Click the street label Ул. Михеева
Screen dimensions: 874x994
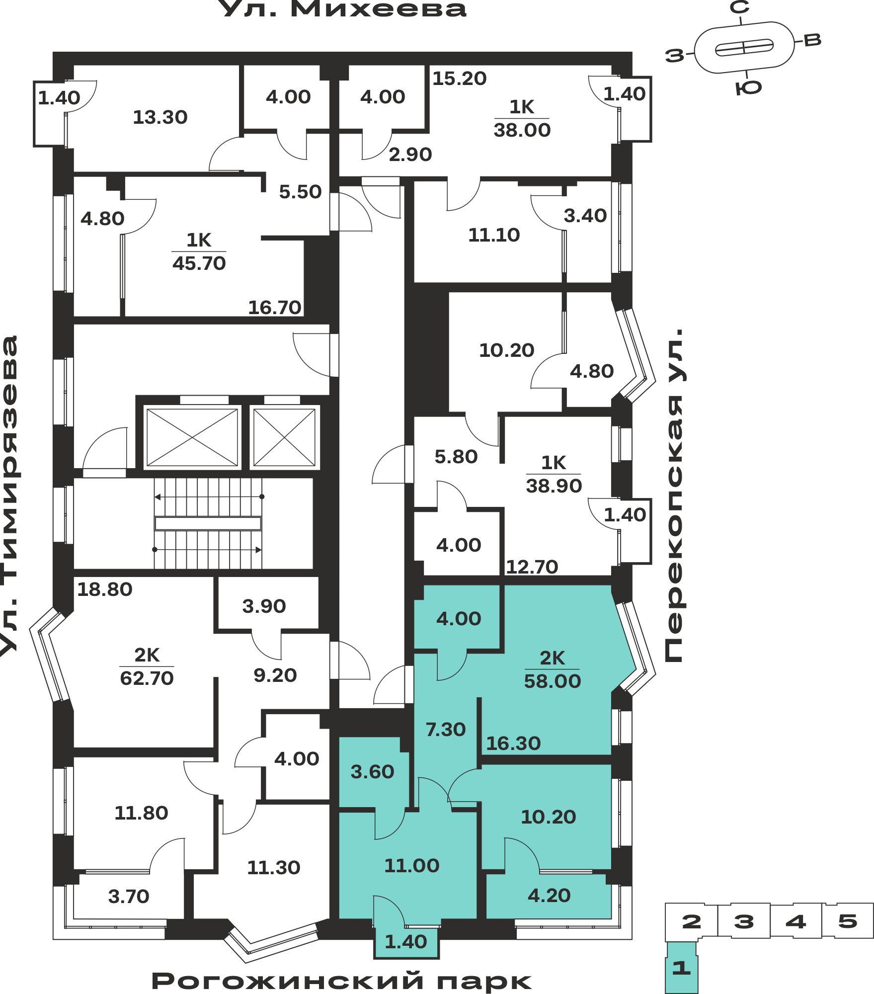(343, 9)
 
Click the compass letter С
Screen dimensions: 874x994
(740, 7)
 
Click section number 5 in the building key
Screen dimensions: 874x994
(848, 921)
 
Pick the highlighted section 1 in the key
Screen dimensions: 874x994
(681, 968)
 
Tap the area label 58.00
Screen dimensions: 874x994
(553, 681)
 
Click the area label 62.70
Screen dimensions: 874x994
(147, 678)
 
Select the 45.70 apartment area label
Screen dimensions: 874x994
(199, 263)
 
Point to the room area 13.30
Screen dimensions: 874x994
(160, 117)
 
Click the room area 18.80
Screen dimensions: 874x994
(105, 589)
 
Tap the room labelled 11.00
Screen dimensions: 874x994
(412, 866)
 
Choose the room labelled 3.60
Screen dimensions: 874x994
(372, 772)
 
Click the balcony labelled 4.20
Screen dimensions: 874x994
(549, 896)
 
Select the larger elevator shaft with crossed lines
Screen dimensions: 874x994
(192, 437)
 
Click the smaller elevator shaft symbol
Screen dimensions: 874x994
(284, 437)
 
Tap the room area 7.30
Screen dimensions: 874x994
(446, 730)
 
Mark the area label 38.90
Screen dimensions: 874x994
(554, 486)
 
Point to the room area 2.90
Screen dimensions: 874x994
(410, 155)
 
